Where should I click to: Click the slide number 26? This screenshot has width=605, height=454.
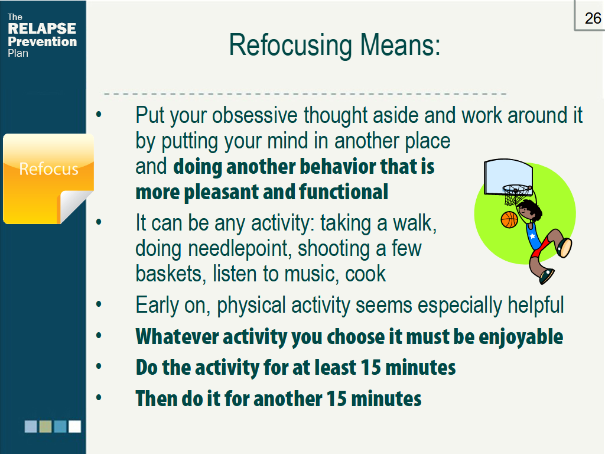click(593, 18)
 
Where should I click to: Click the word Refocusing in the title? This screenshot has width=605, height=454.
click(290, 45)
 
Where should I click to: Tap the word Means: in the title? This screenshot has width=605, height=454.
click(401, 45)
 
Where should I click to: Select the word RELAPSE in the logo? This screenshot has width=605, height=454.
click(42, 28)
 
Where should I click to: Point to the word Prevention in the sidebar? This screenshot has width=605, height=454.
click(43, 41)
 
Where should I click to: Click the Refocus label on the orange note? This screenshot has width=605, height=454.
click(48, 169)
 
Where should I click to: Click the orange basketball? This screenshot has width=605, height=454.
click(509, 220)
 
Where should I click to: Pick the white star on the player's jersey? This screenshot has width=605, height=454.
click(533, 236)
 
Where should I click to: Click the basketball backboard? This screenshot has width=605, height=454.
click(508, 177)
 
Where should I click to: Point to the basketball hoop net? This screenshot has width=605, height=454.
click(515, 195)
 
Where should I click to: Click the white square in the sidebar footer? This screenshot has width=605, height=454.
click(75, 426)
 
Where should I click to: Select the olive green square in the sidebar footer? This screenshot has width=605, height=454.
click(45, 426)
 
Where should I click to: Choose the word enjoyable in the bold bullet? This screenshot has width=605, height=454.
click(521, 337)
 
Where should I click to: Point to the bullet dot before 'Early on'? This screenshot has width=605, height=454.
click(99, 304)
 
